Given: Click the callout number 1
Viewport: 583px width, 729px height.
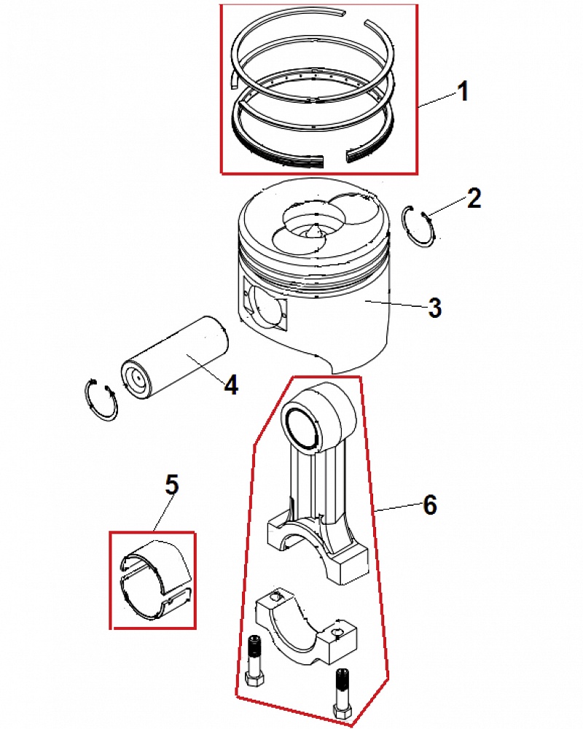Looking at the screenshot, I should click(462, 92).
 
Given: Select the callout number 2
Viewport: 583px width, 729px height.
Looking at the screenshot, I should click(474, 198).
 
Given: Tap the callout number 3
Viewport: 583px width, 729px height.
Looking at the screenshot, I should click(434, 308).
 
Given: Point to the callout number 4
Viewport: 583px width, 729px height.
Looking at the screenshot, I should click(230, 384).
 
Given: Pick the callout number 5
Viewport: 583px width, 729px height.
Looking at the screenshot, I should click(171, 484).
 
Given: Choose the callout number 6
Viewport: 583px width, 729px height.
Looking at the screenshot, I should click(430, 504).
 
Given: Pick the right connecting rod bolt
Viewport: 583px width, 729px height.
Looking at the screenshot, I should click(341, 693).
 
